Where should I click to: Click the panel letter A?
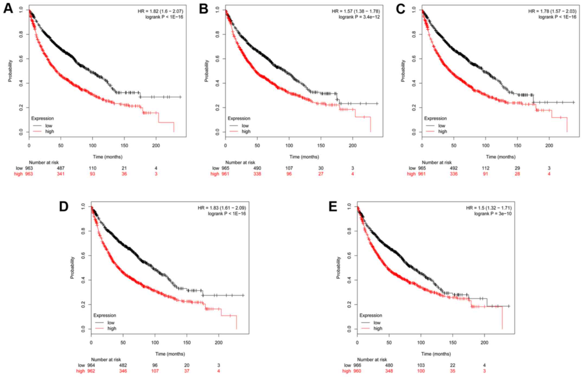coord(8,9)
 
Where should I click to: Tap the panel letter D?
coord(64,207)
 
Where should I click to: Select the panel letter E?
coord(333,207)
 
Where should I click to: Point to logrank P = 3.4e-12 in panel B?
coord(359,17)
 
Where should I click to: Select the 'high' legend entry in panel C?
coord(442,132)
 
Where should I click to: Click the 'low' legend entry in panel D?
coord(111,323)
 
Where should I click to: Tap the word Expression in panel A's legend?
coord(42,119)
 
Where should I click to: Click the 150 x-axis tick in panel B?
coord(321,146)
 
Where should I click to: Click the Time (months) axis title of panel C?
coord(501,157)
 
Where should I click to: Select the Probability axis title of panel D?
coord(72,267)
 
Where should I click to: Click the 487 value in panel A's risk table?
coord(60,168)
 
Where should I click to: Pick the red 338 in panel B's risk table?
coord(257,174)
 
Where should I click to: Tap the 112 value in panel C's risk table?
coord(485,168)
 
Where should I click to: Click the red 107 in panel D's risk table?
coord(155,371)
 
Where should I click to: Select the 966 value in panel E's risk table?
coord(357,365)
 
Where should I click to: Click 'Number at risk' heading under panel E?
coord(372,360)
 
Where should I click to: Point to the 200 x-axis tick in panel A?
coord(156,146)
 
